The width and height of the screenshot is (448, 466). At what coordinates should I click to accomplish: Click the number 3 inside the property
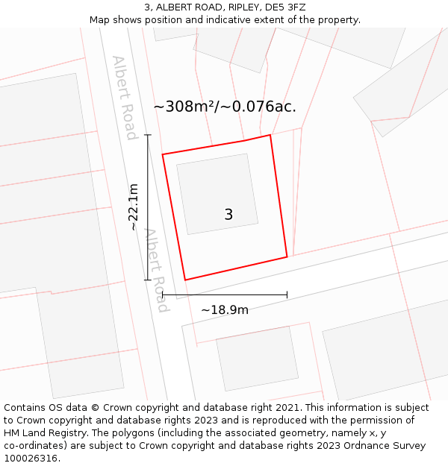[x=228, y=215]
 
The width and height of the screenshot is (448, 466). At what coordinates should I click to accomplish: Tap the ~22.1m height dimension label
[x=133, y=207]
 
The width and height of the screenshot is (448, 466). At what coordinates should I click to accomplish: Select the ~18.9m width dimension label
[x=225, y=309]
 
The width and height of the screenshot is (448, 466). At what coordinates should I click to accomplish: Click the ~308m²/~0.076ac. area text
[x=225, y=107]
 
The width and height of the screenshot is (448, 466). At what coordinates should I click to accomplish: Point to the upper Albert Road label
[x=125, y=97]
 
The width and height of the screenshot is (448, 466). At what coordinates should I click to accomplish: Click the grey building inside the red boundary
[x=217, y=194]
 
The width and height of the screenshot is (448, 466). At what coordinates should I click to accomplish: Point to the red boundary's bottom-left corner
[x=185, y=280]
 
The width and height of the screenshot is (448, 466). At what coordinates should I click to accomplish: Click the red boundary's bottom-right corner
[x=287, y=257]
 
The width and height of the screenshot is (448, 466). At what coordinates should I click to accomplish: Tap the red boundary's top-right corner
[x=270, y=135]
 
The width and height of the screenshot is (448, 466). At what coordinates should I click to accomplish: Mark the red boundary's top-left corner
[x=163, y=154]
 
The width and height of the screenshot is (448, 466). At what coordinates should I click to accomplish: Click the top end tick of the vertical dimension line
[x=148, y=135]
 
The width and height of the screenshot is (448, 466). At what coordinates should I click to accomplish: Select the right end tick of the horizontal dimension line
[x=287, y=295]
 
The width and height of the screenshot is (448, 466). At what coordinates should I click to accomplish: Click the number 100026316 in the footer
[x=29, y=459]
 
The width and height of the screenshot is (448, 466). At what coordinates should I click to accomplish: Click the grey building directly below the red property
[x=257, y=357]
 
